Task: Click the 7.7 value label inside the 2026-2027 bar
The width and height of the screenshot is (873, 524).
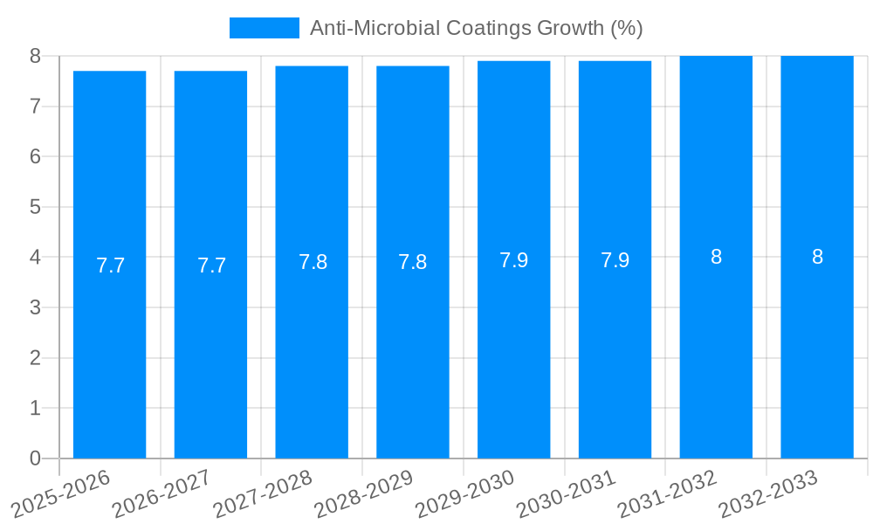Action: click(211, 265)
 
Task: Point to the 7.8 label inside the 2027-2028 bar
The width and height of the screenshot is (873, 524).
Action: click(313, 262)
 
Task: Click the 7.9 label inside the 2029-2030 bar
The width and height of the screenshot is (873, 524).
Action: click(513, 260)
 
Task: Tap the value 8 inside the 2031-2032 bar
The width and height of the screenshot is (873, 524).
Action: click(716, 257)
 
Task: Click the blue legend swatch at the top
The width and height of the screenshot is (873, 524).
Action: click(264, 28)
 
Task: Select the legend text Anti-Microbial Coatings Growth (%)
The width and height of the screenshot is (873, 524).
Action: click(476, 28)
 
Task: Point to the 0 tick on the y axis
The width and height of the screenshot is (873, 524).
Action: click(35, 458)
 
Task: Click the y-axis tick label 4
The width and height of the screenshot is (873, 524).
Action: click(35, 258)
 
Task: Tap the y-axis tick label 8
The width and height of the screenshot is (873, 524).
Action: click(35, 56)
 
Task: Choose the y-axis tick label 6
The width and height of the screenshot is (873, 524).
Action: click(35, 156)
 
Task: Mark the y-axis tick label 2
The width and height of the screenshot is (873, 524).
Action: click(35, 358)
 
